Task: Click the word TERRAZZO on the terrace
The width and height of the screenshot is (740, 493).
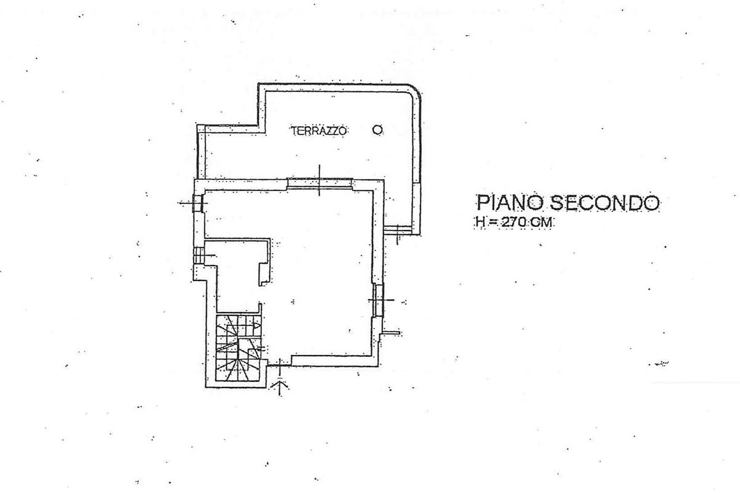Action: coord(319,131)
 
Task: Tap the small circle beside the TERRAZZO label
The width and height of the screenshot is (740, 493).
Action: coord(377,130)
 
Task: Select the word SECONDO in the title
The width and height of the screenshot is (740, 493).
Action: coord(604,202)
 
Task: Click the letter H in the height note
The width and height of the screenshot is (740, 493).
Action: coord(480,222)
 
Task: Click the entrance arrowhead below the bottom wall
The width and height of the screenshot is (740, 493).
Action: coord(280,384)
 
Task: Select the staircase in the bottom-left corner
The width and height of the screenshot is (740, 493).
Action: coord(239,347)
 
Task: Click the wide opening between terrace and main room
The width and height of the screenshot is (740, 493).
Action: coord(319,183)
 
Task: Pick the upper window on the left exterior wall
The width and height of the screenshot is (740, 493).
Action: coord(197,203)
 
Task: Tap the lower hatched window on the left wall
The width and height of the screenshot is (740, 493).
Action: coord(199,255)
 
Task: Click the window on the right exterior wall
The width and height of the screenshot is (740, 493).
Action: coord(379,300)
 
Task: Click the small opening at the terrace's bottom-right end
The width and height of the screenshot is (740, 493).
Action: coord(398,230)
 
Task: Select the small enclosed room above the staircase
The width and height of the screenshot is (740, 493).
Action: coord(237,275)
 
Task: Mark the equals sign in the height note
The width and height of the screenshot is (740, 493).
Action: coord(493,222)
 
